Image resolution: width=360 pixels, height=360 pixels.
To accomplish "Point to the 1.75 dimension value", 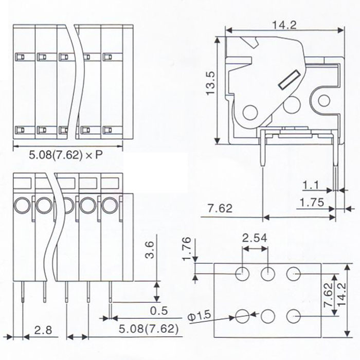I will pyautogui.click(x=311, y=203).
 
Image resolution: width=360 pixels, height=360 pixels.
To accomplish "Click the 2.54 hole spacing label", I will pyautogui.click(x=255, y=238).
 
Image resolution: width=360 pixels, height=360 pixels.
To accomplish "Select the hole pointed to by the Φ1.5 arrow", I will pyautogui.click(x=242, y=315).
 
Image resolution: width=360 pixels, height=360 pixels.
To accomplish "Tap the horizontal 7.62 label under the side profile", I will pyautogui.click(x=220, y=209).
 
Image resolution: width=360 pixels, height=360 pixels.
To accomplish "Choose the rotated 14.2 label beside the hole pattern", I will pyautogui.click(x=350, y=296).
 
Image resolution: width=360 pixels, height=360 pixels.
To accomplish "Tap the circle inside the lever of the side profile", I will pyautogui.click(x=250, y=111).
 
